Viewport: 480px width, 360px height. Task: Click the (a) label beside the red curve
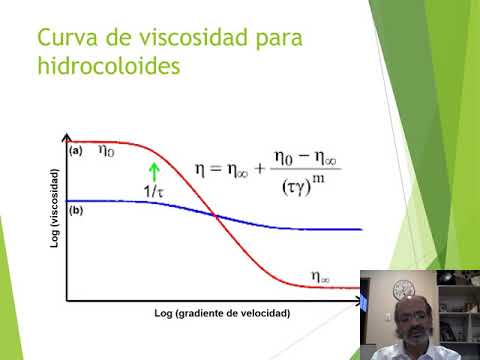75,150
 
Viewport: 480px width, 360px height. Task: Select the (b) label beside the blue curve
75,211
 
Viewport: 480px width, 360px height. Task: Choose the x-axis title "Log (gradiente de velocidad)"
222,313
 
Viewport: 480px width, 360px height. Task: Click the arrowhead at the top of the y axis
66,137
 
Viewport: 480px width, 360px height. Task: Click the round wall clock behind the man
406,288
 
